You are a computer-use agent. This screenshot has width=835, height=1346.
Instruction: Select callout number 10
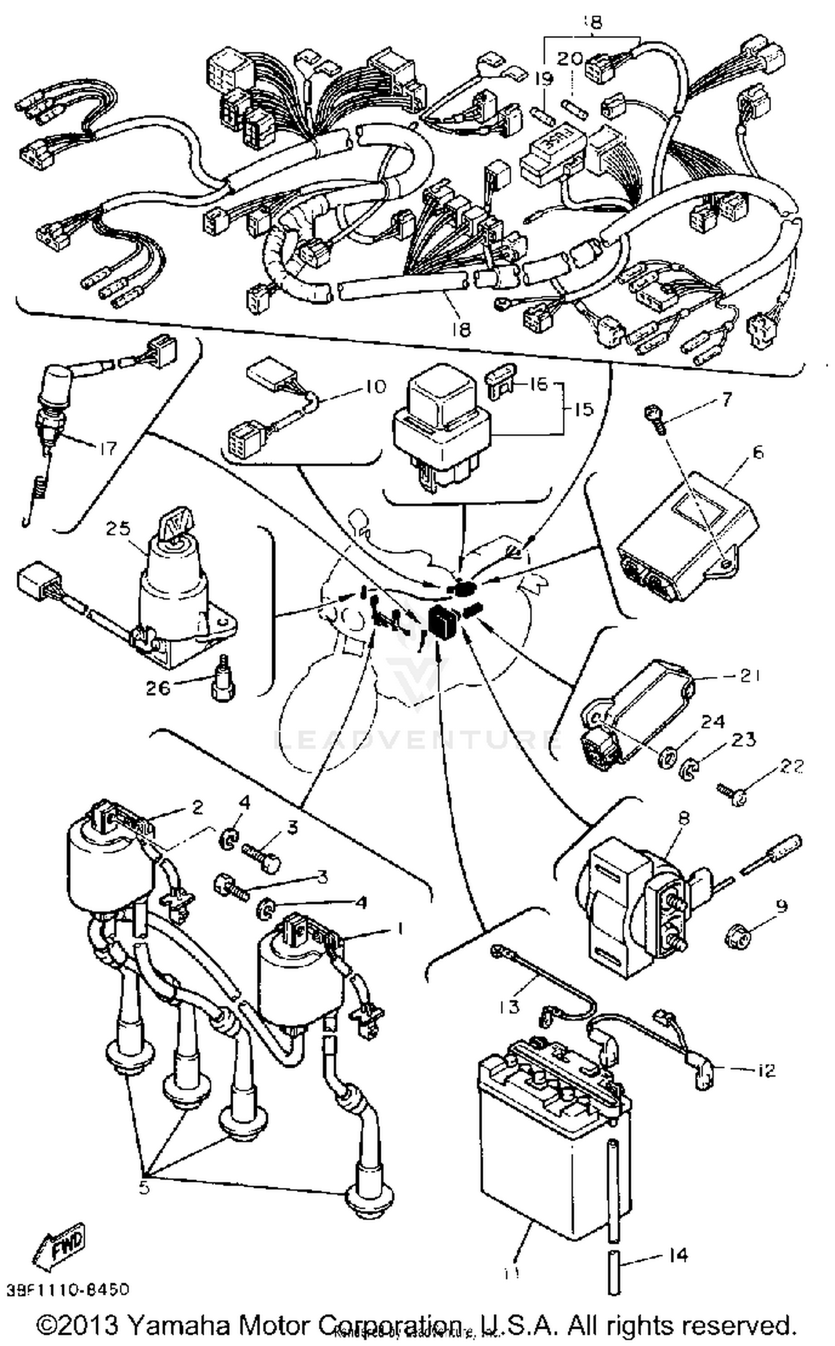pyautogui.click(x=375, y=387)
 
